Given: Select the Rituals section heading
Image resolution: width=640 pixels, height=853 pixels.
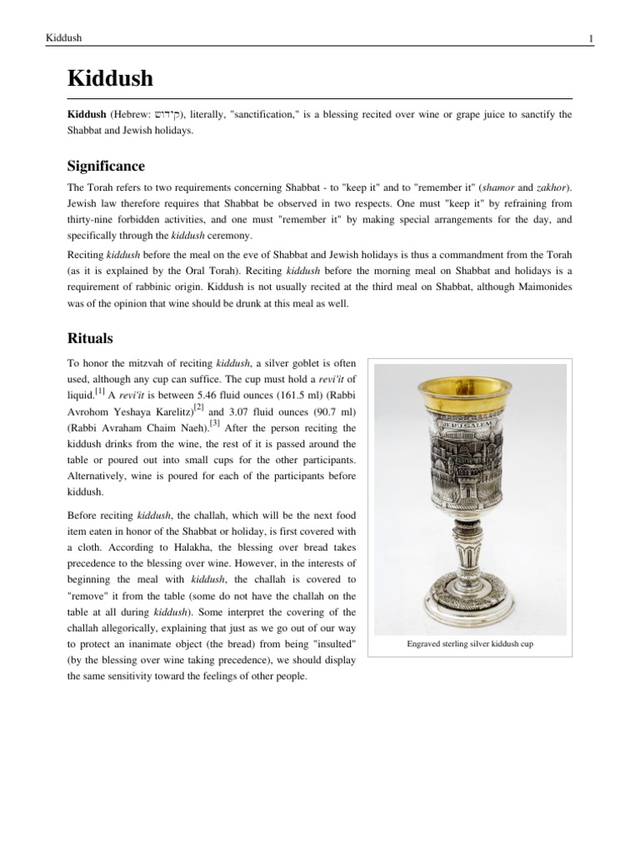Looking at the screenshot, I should (x=89, y=338).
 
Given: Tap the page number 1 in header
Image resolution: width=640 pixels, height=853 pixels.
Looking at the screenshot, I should (x=590, y=38).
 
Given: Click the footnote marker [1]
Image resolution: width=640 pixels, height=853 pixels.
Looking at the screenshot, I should (x=99, y=389).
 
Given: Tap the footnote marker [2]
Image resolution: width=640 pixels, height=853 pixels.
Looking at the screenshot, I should (x=198, y=406).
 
